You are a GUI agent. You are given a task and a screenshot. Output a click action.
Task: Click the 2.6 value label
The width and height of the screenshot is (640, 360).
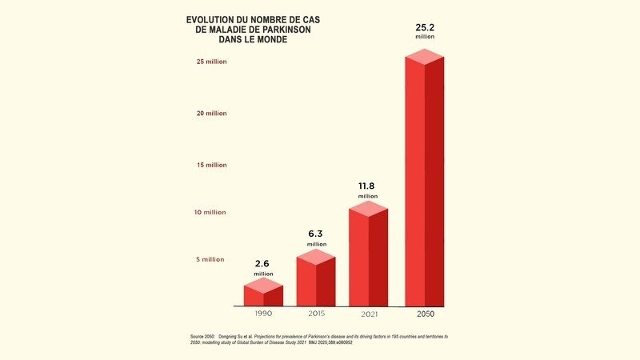click(263, 263)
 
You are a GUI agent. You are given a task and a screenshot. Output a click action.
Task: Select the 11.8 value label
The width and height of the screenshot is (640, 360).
click(368, 186)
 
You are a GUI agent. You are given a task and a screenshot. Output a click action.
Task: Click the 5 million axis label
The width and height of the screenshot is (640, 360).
click(211, 259)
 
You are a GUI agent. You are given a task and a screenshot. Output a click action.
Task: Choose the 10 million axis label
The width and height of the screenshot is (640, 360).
click(210, 212)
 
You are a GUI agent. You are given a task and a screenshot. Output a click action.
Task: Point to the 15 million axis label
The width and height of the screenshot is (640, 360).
click(210, 165)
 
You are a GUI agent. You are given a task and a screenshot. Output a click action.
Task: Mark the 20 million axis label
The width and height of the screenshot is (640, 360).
click(210, 113)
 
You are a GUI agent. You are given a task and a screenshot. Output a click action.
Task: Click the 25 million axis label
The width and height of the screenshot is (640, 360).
click(210, 61)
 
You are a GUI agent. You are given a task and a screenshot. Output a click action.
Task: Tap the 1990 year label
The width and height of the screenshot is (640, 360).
click(263, 314)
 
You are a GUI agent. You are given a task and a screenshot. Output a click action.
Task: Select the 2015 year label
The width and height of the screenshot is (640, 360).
click(316, 314)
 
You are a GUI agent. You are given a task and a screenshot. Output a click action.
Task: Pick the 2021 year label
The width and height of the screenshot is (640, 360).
click(368, 314)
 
